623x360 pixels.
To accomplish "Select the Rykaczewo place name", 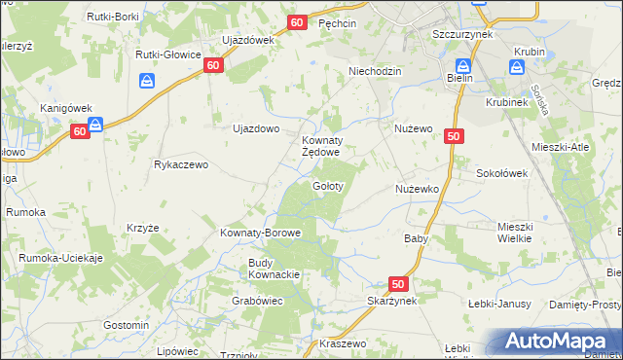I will tap(181, 164).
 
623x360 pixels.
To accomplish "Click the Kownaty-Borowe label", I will tap(260, 234).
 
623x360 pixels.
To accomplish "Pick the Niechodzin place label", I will tap(375, 71).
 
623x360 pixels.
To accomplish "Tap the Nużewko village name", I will tap(419, 188).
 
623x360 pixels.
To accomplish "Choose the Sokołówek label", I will tap(501, 172).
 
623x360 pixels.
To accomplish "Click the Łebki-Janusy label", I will tap(498, 304).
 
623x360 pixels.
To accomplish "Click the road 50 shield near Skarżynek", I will tap(397, 283).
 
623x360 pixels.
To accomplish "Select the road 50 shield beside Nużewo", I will tap(454, 138).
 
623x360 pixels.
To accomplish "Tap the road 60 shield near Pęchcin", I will tap(298, 21).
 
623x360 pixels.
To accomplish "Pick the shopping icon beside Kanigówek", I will tap(95, 124).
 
